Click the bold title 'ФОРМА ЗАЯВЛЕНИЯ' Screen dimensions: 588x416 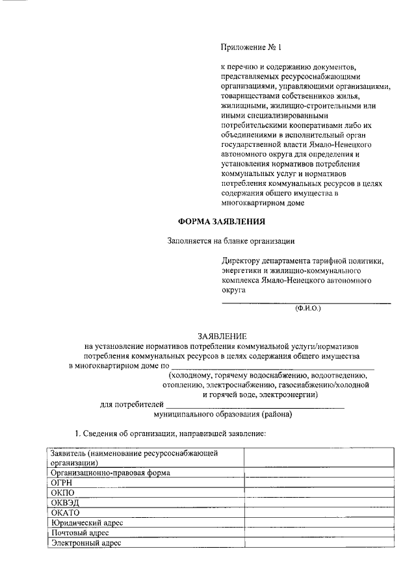[x=222, y=222]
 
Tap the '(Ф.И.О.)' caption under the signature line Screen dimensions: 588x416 [x=307, y=308]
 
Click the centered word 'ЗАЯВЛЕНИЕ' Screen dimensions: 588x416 [x=222, y=336]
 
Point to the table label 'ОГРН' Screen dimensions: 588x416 [x=61, y=483]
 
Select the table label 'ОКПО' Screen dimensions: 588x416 [x=62, y=492]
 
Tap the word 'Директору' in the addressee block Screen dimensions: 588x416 [x=241, y=261]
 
